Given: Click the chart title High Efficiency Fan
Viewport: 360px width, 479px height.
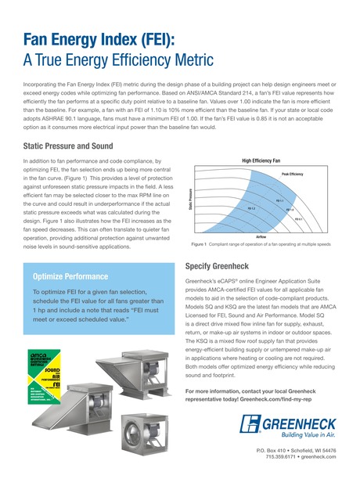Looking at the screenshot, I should [x=260, y=160].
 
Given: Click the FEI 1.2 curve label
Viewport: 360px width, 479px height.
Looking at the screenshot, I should [x=252, y=208].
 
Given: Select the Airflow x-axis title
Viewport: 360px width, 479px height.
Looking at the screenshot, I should [x=261, y=236].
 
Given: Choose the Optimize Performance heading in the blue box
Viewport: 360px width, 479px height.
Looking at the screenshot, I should [x=71, y=276].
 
